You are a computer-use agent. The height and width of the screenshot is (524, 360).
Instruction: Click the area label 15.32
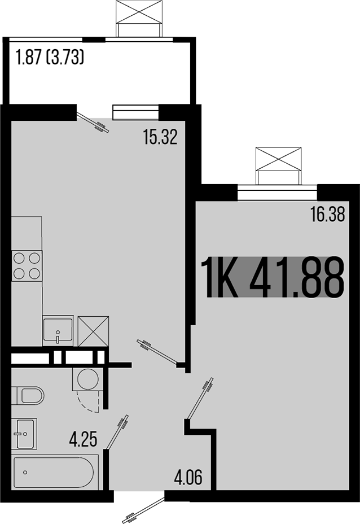160,138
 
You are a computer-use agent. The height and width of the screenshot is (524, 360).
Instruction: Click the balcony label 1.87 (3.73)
50,58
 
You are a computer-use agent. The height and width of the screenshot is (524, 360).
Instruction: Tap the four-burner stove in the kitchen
27,266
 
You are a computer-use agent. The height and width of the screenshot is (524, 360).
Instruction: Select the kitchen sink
58,330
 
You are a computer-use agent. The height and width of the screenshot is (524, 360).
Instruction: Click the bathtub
55,471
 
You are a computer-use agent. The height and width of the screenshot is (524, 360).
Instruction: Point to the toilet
28,395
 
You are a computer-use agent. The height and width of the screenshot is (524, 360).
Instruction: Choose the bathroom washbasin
24,433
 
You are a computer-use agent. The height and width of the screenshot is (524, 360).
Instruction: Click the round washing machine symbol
87,378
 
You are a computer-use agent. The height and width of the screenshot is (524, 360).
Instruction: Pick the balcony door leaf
93,123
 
